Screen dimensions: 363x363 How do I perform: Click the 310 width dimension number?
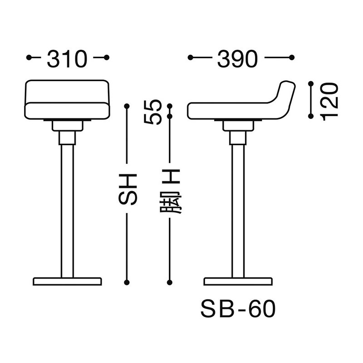67,59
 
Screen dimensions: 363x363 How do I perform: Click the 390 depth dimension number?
238,59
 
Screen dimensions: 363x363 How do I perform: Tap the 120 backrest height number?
329,102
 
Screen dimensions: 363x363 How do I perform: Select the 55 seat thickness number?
152,112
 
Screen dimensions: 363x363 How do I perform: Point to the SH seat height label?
128,189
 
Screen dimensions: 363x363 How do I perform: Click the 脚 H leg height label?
171,191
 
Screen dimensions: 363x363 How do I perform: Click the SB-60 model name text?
238,309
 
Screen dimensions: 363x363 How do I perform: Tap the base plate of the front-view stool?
67,281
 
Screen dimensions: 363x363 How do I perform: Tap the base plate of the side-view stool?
238,281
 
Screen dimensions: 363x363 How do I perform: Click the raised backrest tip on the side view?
288,84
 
